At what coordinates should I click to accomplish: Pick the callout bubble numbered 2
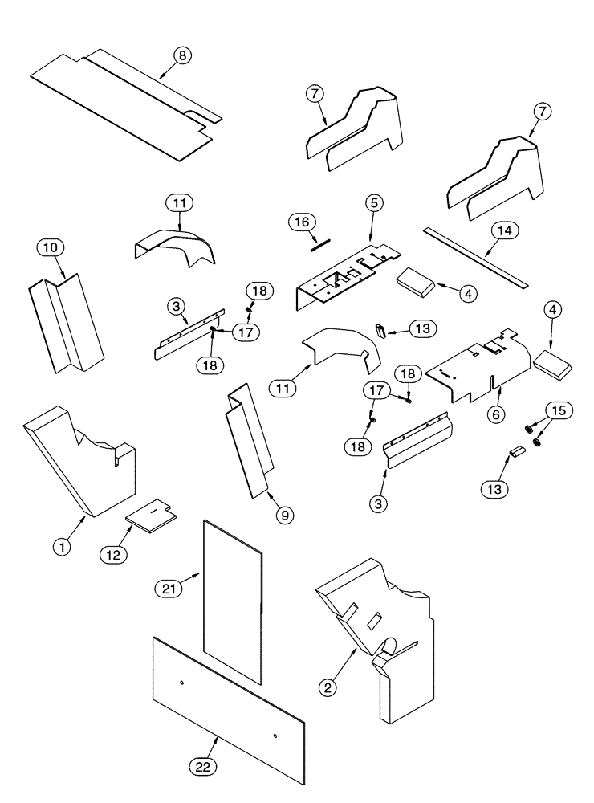pos(326,687)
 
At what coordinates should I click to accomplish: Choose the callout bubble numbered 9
pos(285,516)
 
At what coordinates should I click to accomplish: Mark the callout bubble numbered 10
pos(47,248)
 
